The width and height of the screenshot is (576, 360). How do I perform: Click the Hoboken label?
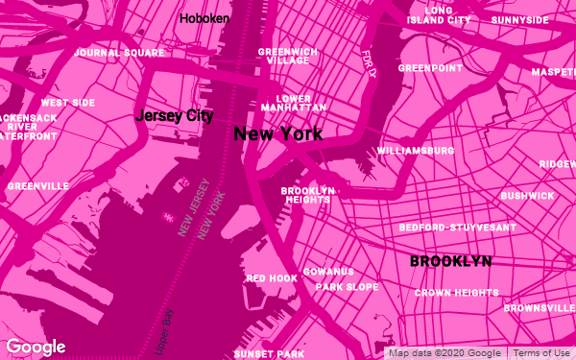pyautogui.click(x=203, y=17)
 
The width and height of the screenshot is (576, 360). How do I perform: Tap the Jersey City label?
pyautogui.click(x=174, y=116)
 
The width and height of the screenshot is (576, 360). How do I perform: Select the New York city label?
pyautogui.click(x=278, y=134)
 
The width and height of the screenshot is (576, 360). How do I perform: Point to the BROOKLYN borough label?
pyautogui.click(x=450, y=261)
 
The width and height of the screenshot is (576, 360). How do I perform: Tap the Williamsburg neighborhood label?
pyautogui.click(x=416, y=152)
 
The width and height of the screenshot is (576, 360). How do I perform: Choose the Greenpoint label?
pyautogui.click(x=430, y=69)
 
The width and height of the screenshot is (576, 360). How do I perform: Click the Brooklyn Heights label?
pyautogui.click(x=307, y=195)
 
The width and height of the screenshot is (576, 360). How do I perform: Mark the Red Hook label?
pyautogui.click(x=272, y=278)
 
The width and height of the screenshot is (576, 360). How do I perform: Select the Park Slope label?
pyautogui.click(x=347, y=287)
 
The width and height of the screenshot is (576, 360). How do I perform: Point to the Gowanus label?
pyautogui.click(x=328, y=272)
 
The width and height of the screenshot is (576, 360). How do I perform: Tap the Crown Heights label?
pyautogui.click(x=456, y=293)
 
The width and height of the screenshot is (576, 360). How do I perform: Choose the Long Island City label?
pyautogui.click(x=439, y=14)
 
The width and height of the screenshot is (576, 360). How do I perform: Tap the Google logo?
pyautogui.click(x=36, y=347)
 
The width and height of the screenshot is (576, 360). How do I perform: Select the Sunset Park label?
pyautogui.click(x=269, y=354)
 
